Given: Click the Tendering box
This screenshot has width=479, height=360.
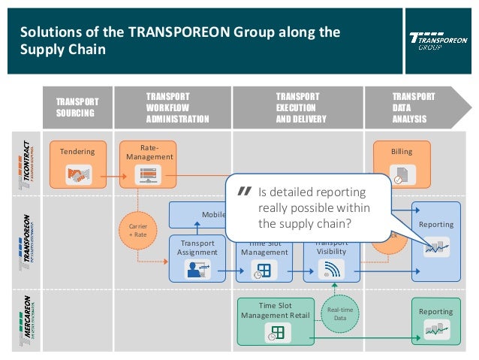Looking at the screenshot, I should [x=77, y=163].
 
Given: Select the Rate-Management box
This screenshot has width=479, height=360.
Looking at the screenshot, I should [x=149, y=163].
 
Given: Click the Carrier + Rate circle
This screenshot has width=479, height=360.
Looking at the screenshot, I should [x=137, y=228].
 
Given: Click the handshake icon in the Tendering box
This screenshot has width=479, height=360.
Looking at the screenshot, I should [x=77, y=175].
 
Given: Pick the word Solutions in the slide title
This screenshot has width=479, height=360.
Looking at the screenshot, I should [x=43, y=32].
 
